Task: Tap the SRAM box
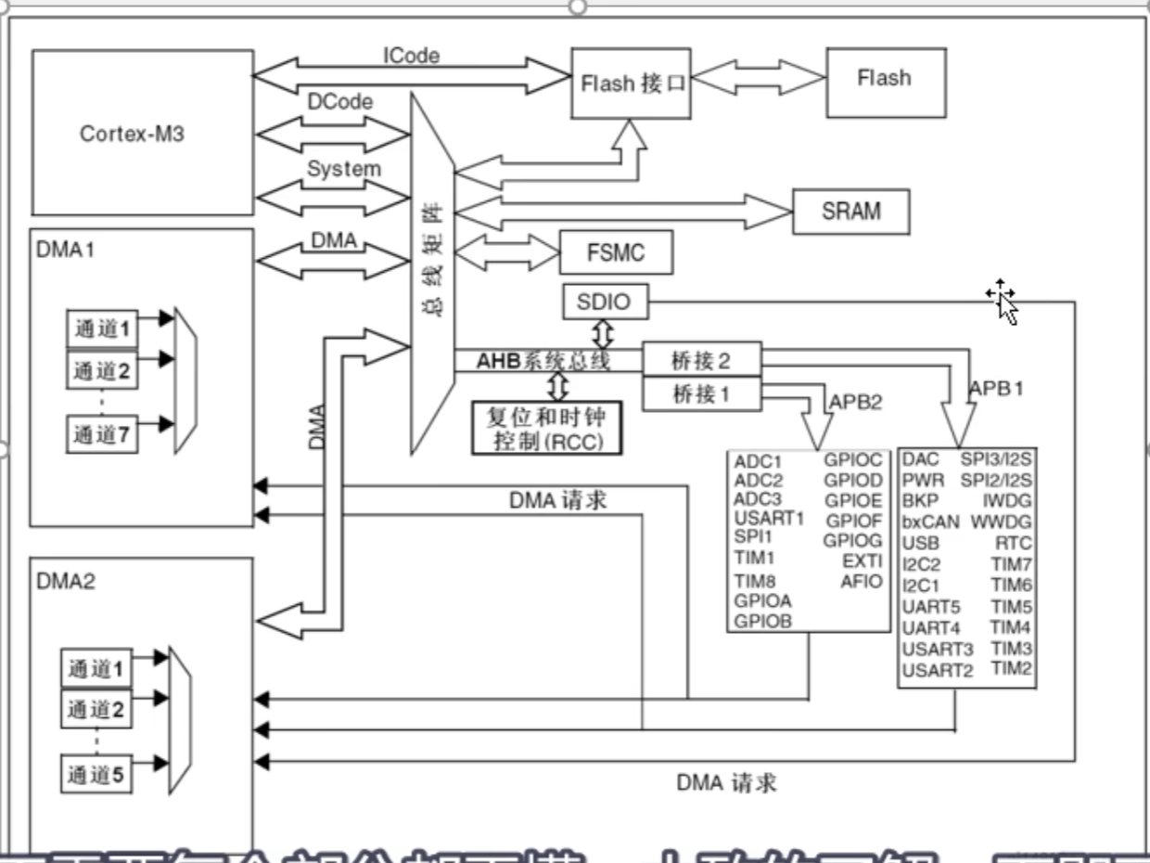[850, 211]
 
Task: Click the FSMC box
[616, 252]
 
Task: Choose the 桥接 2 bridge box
[700, 358]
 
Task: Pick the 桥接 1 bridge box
[700, 393]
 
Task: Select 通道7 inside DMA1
[102, 433]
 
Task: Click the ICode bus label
[411, 56]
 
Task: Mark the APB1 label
[996, 389]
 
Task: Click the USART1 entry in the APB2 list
[769, 517]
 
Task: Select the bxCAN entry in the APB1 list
[930, 522]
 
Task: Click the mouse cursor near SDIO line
[1003, 301]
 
